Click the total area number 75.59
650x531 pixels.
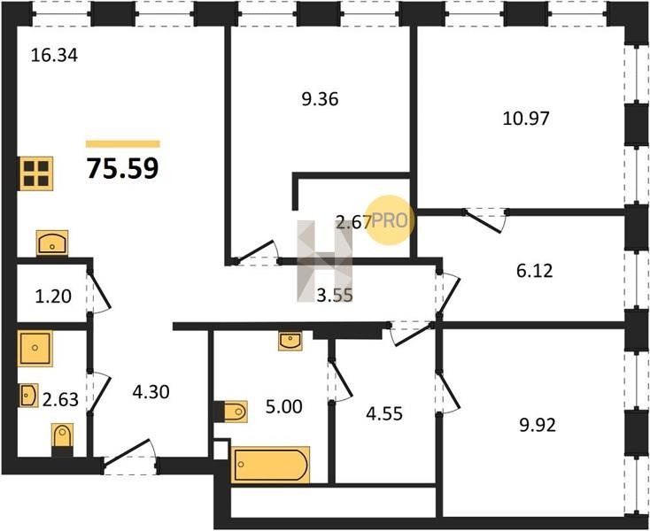(x=123, y=168)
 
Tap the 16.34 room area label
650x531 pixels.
(x=54, y=55)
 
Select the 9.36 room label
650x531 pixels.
(x=320, y=99)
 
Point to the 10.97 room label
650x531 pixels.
(x=526, y=119)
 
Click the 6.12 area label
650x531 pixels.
(x=535, y=271)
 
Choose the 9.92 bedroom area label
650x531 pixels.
(x=538, y=426)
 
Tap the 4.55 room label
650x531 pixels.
(x=384, y=414)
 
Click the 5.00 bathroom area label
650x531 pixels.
(x=284, y=407)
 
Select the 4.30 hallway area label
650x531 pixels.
(x=151, y=391)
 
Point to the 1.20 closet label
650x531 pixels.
(x=53, y=296)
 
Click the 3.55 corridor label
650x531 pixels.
(x=335, y=296)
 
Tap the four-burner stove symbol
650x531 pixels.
(x=36, y=173)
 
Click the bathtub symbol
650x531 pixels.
(x=271, y=465)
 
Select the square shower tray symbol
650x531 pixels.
(x=35, y=349)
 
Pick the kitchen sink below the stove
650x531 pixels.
(x=52, y=242)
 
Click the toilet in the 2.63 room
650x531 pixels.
(x=63, y=437)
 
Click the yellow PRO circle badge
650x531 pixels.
(x=390, y=220)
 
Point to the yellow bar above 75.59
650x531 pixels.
(x=123, y=144)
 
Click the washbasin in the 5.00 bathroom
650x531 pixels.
(x=290, y=341)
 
